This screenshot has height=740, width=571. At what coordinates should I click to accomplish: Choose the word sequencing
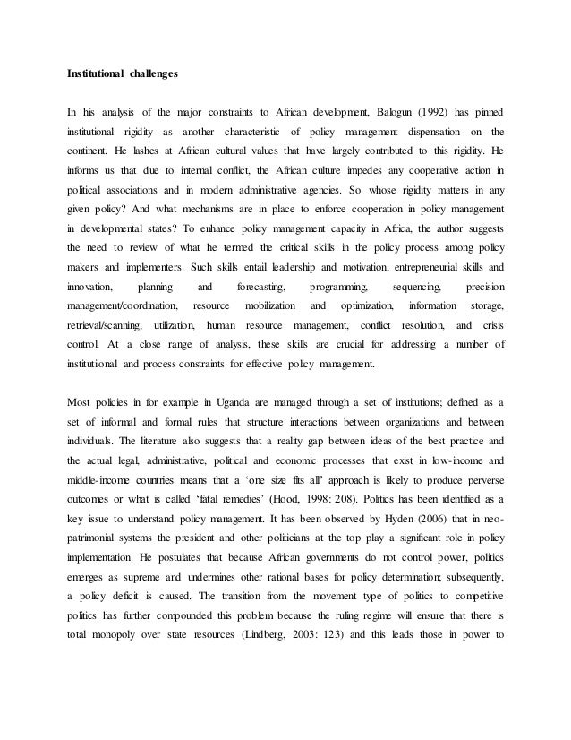[x=418, y=288]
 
